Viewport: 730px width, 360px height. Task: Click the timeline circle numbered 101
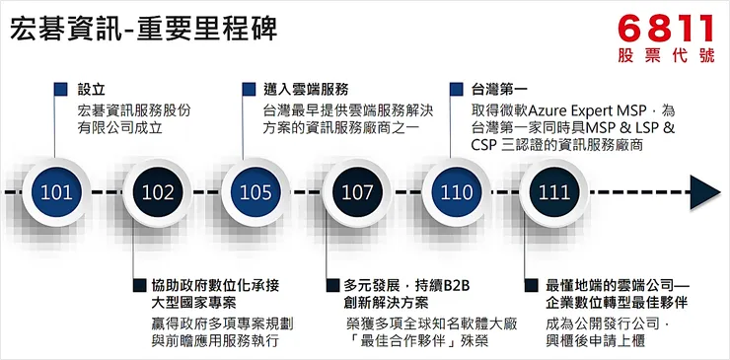pos(55,191)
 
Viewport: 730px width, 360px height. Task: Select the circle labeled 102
pos(157,191)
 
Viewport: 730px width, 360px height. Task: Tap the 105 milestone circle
pos(255,191)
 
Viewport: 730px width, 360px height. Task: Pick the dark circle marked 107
pos(357,191)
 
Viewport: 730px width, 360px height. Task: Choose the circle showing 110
pos(456,191)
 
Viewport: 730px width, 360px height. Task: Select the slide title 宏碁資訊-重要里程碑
pos(142,30)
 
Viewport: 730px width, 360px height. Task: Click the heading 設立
pos(92,89)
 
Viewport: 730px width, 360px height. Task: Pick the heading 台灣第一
pos(499,89)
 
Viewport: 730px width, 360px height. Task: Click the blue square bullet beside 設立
pos(61,89)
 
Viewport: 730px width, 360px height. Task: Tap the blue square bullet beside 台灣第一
pos(456,89)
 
